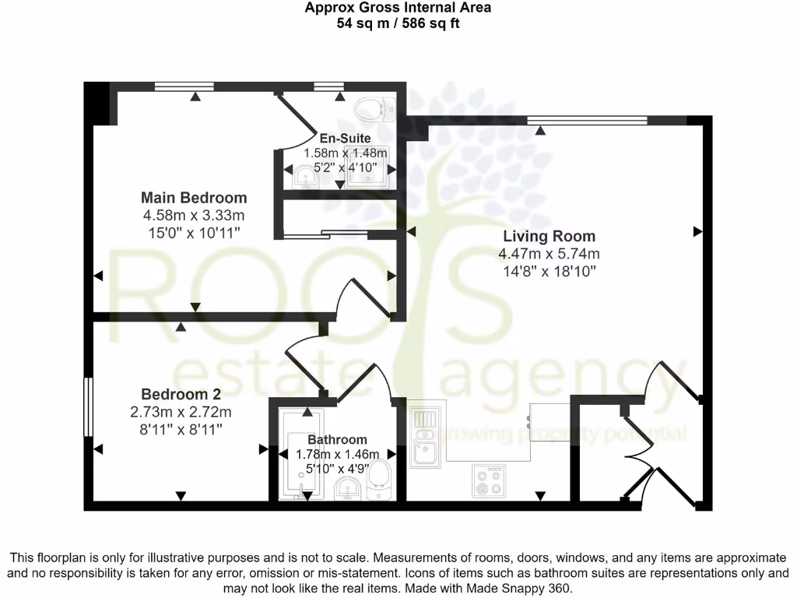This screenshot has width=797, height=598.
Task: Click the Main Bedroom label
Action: pyautogui.click(x=194, y=198)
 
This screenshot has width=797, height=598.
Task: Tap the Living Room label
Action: pyautogui.click(x=549, y=237)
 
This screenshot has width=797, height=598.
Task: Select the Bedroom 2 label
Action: pyautogui.click(x=181, y=394)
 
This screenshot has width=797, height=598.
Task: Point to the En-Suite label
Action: pyautogui.click(x=339, y=139)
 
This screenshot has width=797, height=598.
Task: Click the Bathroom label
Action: pyautogui.click(x=337, y=439)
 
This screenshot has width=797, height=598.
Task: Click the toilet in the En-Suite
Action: pyautogui.click(x=373, y=110)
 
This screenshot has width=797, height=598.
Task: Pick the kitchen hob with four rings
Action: pyautogui.click(x=490, y=480)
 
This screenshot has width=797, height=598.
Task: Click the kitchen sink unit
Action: pyautogui.click(x=425, y=437)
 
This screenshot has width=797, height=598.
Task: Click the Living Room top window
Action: pyautogui.click(x=587, y=120)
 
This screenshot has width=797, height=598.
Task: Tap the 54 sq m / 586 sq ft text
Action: pyautogui.click(x=398, y=23)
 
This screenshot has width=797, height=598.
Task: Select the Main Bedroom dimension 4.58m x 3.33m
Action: pyautogui.click(x=193, y=215)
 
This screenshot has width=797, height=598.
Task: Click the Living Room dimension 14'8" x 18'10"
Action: pyautogui.click(x=549, y=271)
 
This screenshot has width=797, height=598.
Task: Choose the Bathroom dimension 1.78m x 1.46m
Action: pyautogui.click(x=337, y=455)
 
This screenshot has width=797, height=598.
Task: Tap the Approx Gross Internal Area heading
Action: pyautogui.click(x=398, y=9)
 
